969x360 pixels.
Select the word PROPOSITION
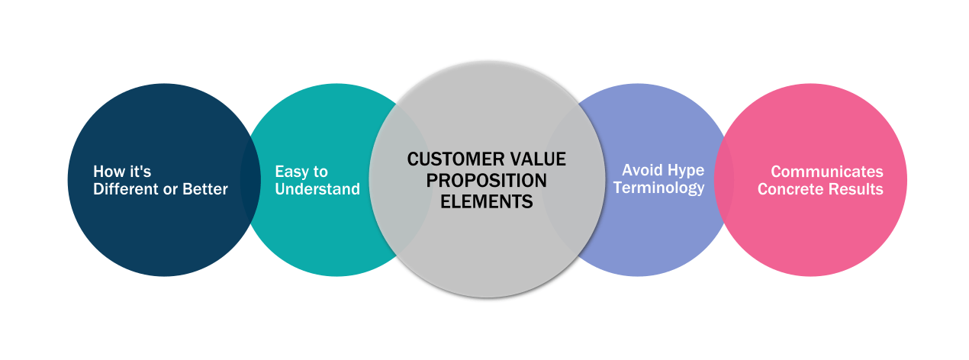[486, 181]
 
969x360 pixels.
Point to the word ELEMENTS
[486, 202]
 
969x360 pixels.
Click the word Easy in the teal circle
[291, 172]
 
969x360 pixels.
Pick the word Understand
[317, 189]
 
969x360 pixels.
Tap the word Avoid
[641, 169]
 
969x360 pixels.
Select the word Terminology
[658, 188]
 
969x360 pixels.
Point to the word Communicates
[826, 172]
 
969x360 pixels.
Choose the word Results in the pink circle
[857, 189]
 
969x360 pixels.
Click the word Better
[204, 189]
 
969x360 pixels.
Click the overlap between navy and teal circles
[249, 180]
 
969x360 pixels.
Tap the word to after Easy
[320, 172]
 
